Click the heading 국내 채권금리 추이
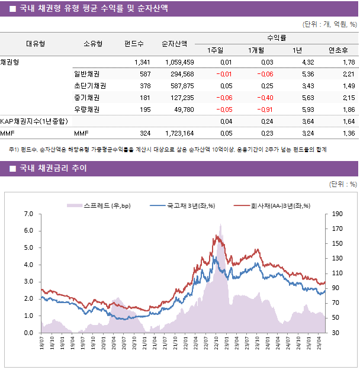pyautogui.click(x=56, y=169)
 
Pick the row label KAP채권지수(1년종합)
pyautogui.click(x=34, y=121)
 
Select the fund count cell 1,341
pyautogui.click(x=142, y=62)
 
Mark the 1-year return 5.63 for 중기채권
pyautogui.click(x=307, y=98)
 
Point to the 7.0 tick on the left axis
pyautogui.click(x=28, y=214)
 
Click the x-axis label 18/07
pyautogui.click(x=42, y=345)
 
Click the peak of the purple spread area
pyautogui.click(x=221, y=225)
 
